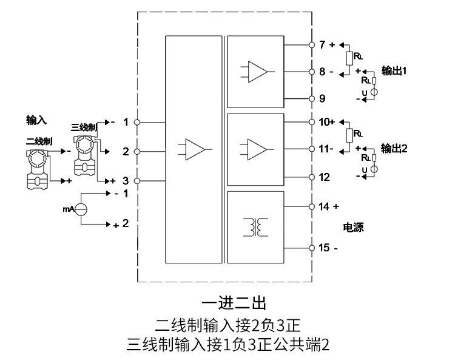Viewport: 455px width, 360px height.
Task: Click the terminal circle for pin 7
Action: (x=312, y=45)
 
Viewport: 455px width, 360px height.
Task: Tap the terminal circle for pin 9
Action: (x=312, y=99)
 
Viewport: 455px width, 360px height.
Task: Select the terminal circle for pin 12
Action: (x=312, y=177)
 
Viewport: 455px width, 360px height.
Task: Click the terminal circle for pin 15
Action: (x=312, y=248)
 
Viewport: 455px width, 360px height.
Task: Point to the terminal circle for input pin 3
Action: (x=137, y=181)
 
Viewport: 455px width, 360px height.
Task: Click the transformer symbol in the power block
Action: (x=255, y=227)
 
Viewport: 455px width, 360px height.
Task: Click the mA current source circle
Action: (x=81, y=209)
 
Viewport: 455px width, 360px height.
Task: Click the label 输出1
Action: (x=394, y=70)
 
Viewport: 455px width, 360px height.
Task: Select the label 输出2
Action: (x=394, y=148)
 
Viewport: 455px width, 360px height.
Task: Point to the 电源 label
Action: (x=353, y=227)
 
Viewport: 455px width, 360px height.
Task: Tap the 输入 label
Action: (x=36, y=120)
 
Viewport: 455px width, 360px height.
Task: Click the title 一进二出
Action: (x=234, y=303)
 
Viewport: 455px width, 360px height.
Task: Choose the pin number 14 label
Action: (x=324, y=206)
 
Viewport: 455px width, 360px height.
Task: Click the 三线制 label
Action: (x=84, y=127)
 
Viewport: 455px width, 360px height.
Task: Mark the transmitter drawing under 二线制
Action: (x=37, y=169)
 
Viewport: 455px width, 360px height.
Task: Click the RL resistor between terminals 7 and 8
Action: (x=349, y=58)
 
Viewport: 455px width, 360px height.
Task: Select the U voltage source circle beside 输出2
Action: (x=374, y=169)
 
